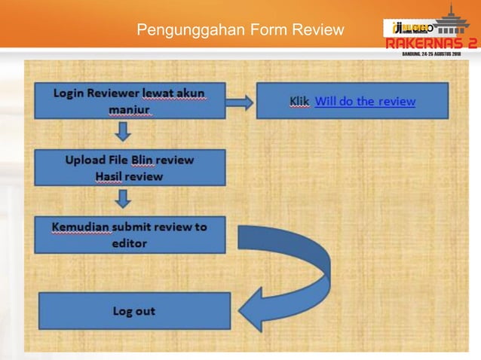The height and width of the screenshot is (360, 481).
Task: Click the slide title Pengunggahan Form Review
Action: tap(240, 31)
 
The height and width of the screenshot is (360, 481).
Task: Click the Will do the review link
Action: tap(365, 101)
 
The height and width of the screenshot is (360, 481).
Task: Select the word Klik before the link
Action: tap(299, 101)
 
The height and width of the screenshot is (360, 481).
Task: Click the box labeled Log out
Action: tap(133, 311)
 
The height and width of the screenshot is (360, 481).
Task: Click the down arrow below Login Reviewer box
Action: tap(124, 133)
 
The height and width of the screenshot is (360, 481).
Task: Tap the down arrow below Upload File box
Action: tap(124, 200)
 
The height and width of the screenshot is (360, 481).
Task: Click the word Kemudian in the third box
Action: tap(80, 227)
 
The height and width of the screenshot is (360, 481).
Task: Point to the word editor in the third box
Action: tap(130, 243)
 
